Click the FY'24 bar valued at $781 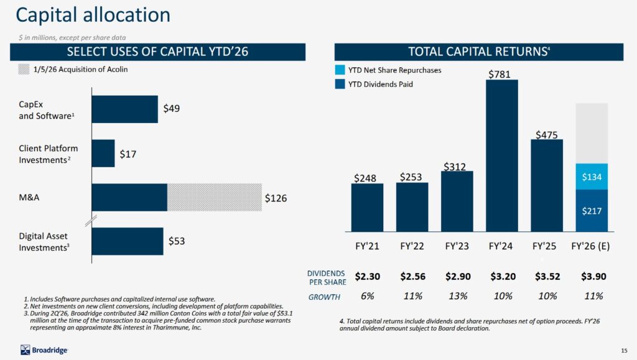click(501, 155)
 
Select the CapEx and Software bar click(124, 109)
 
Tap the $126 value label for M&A click(276, 198)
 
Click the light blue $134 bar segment click(592, 177)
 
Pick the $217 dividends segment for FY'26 click(592, 210)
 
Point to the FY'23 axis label click(457, 246)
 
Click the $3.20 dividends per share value click(502, 276)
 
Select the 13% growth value click(457, 296)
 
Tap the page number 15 click(624, 349)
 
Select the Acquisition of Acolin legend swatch click(24, 70)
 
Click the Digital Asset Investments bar click(128, 241)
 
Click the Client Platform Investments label click(49, 154)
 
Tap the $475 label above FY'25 click(546, 134)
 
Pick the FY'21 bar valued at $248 click(367, 207)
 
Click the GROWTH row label click(324, 297)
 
